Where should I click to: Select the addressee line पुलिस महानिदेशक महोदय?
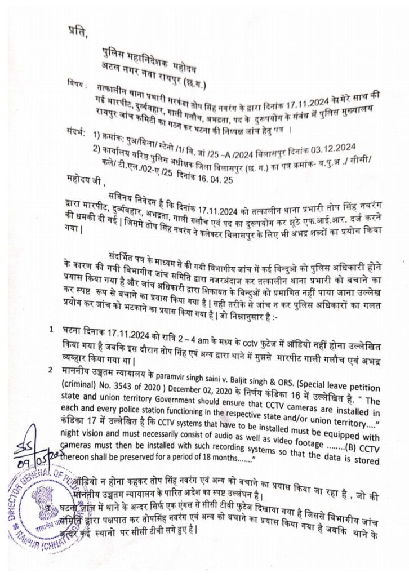click(145, 54)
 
